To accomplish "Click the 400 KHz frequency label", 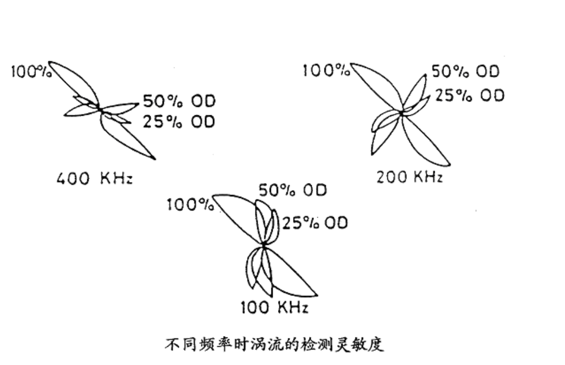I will point(95,179).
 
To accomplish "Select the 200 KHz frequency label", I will point(409,177).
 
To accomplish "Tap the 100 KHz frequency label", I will point(274,307).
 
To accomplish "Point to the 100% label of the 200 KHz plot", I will point(326,70).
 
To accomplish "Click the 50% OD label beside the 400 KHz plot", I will point(179,101).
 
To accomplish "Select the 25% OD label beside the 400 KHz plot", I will point(179,121).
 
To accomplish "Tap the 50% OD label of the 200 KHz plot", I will point(465,72).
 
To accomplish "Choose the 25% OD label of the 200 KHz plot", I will point(469,95).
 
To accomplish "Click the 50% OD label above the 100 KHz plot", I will point(292,191).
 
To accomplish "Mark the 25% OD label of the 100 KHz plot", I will point(315,223).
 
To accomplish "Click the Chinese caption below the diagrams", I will point(274,346).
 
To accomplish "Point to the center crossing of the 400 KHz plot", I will point(100,109).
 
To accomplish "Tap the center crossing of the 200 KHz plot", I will point(401,112).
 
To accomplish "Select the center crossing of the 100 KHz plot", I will point(264,245).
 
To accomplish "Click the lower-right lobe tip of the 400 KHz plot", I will point(155,159).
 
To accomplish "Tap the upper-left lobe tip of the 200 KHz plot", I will point(351,65).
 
